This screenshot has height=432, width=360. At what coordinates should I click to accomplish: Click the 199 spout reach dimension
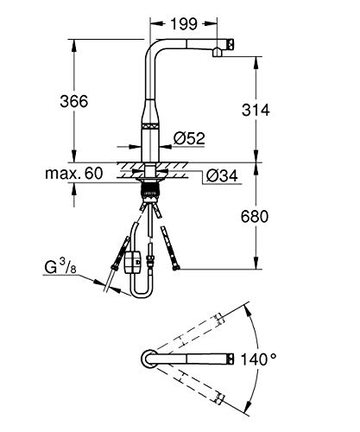[x=184, y=24]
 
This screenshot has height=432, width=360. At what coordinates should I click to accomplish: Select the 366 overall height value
[x=74, y=101]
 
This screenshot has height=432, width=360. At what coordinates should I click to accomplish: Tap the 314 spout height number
[x=256, y=110]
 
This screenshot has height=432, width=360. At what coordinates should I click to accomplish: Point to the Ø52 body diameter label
[x=189, y=138]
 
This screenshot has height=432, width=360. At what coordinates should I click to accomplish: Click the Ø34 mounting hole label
[x=222, y=175]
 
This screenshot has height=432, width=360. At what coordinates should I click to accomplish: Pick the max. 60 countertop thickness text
[x=74, y=174]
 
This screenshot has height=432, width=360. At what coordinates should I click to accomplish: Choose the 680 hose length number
[x=255, y=216]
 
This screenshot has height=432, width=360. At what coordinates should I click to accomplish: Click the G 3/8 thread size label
[x=60, y=266]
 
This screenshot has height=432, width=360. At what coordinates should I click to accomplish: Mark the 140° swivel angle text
[x=258, y=359]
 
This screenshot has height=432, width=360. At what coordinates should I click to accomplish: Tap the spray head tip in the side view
[x=231, y=45]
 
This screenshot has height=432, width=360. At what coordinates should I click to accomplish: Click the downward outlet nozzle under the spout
[x=217, y=53]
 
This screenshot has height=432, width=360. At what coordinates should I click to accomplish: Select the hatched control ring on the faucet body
[x=149, y=126]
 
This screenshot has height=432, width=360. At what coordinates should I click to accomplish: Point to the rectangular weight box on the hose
[x=132, y=262]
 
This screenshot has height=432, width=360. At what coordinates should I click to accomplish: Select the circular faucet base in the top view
[x=149, y=359]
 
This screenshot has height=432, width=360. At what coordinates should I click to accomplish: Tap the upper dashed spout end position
[x=218, y=319]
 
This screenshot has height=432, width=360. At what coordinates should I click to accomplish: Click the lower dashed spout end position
[x=218, y=397]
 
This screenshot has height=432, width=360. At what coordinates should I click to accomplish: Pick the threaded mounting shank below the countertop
[x=149, y=191]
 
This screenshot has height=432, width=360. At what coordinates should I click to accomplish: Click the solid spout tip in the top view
[x=231, y=359]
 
